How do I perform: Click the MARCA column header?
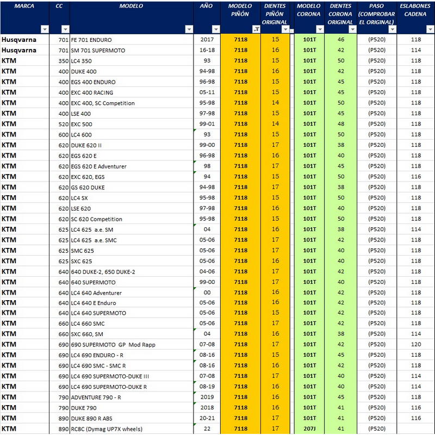click(x=24, y=6)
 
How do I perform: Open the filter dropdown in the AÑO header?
click(x=215, y=29)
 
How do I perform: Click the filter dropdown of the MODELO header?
click(x=189, y=29)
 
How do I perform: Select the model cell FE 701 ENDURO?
click(x=91, y=40)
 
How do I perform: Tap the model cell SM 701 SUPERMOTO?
click(x=98, y=51)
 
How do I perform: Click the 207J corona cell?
click(x=309, y=428)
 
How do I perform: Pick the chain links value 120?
click(x=416, y=344)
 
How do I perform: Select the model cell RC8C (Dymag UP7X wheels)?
click(x=107, y=429)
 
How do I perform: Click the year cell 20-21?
click(x=207, y=418)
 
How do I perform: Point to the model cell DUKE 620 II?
click(x=86, y=145)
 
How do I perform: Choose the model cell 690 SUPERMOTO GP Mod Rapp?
click(x=113, y=345)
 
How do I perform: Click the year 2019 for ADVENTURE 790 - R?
click(x=207, y=397)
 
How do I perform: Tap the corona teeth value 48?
click(x=341, y=124)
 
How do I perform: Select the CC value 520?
click(x=64, y=125)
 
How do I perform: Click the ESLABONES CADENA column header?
click(x=415, y=10)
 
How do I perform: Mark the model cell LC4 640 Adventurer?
click(x=96, y=293)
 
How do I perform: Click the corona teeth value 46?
click(x=341, y=39)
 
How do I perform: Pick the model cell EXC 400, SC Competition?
click(x=103, y=103)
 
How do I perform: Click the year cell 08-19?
click(x=207, y=387)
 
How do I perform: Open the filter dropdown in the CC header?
click(x=65, y=29)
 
